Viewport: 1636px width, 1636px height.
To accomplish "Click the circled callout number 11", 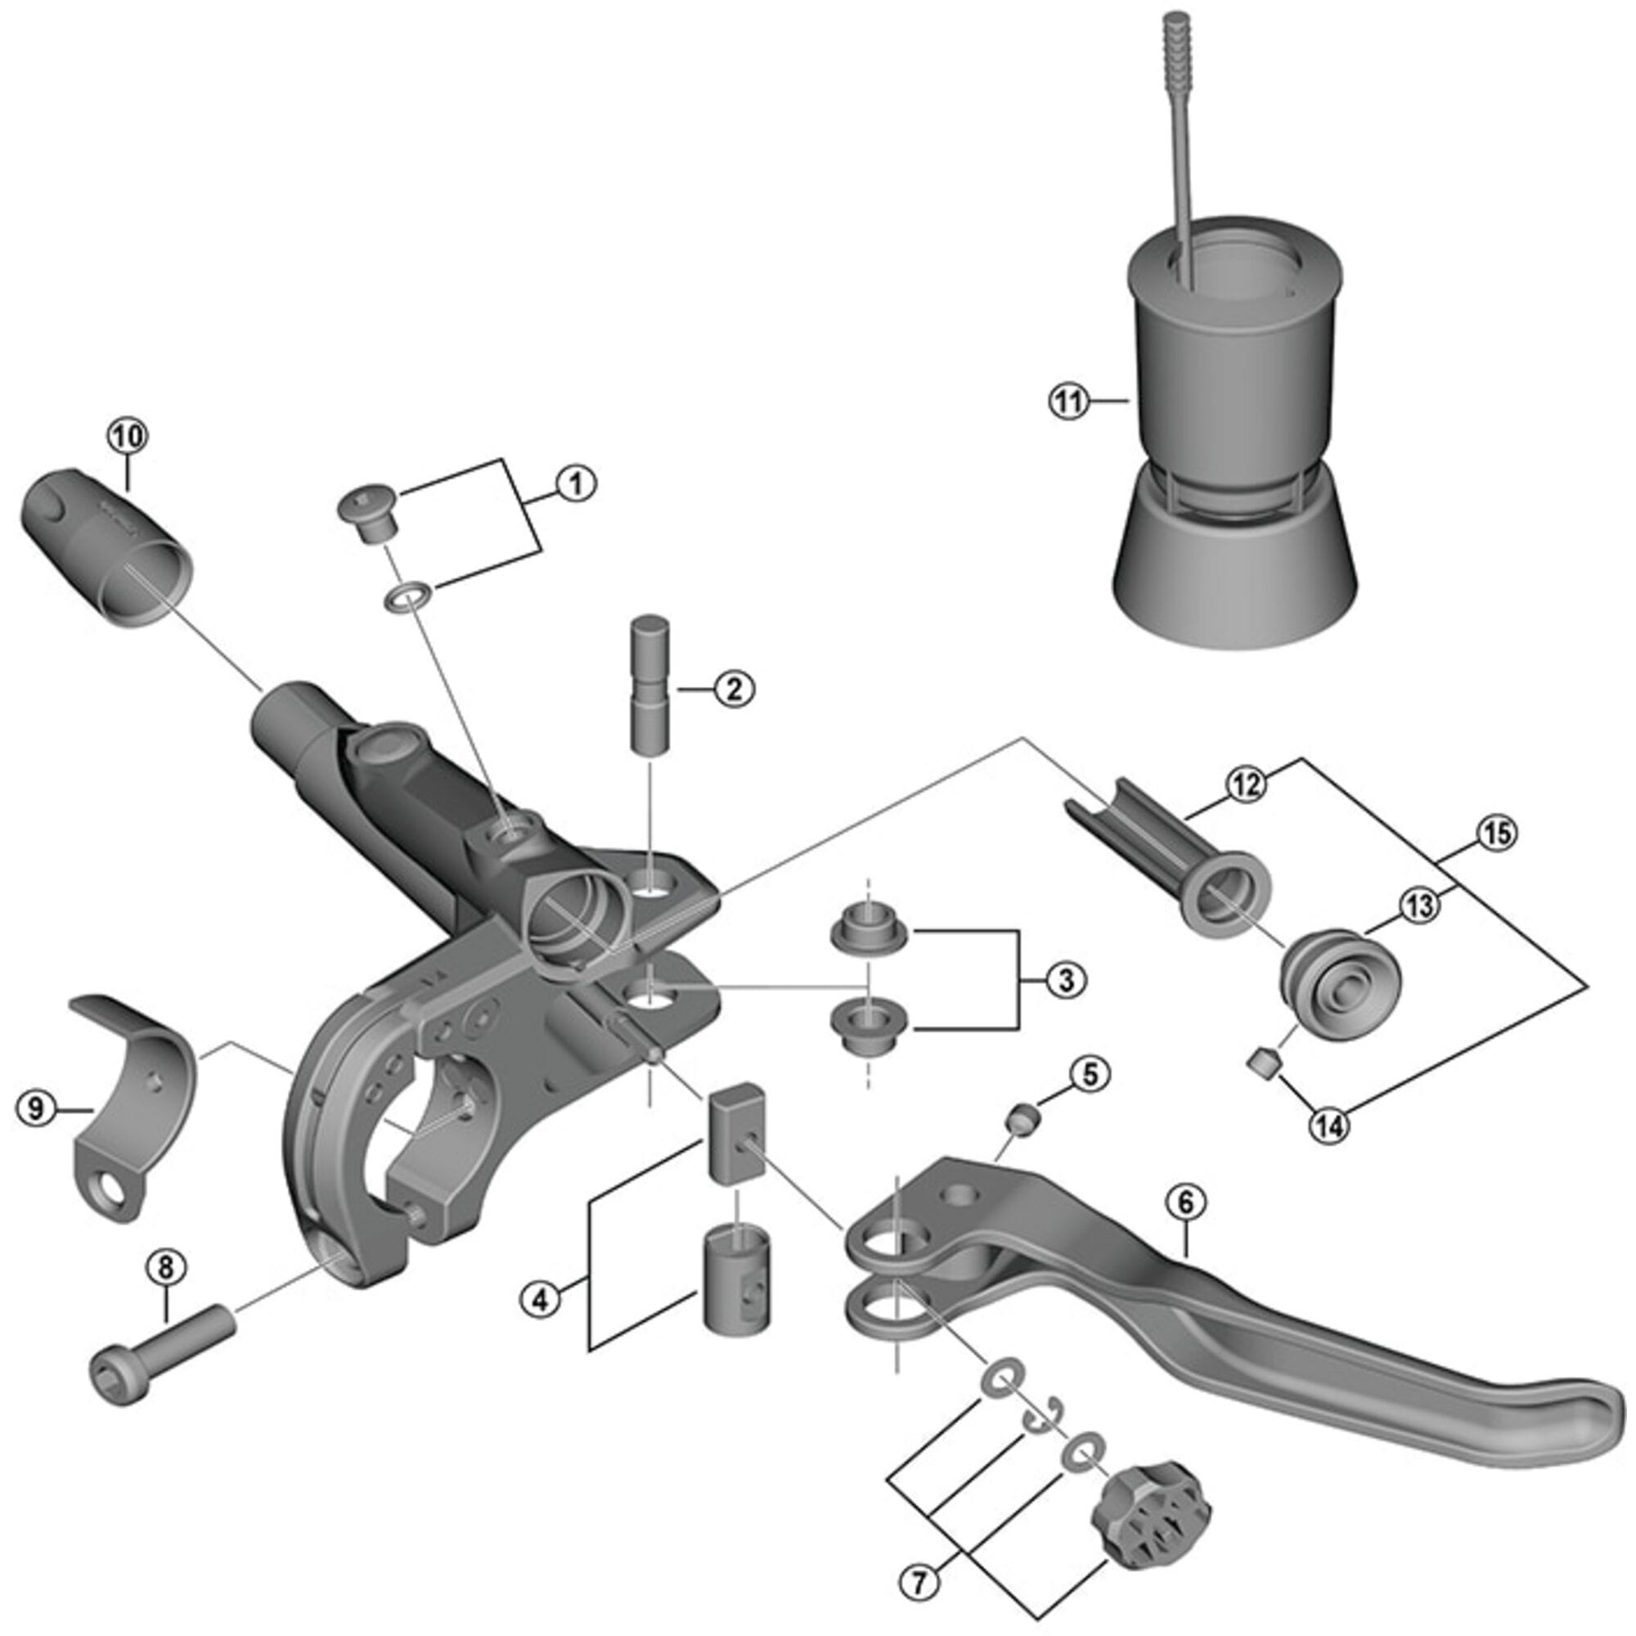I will click(1068, 402).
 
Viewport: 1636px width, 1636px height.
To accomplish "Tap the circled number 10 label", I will click(127, 437).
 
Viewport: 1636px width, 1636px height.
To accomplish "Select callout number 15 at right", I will click(1496, 834).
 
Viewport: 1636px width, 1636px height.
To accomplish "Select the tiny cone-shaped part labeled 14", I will click(1265, 1061).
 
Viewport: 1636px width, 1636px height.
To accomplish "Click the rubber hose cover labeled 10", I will click(106, 551).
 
